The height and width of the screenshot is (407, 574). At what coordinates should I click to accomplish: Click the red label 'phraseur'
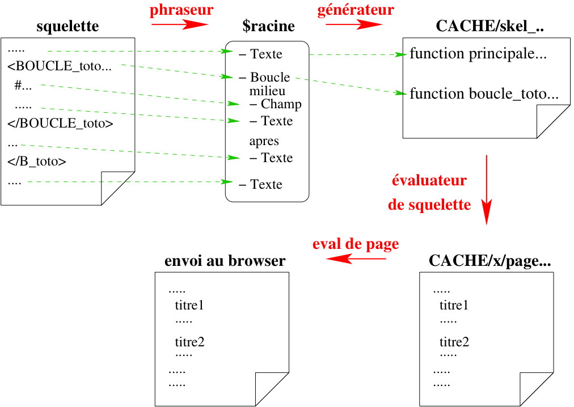pos(182,10)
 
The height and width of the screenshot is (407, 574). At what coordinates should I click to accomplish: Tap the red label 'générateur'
pos(356,10)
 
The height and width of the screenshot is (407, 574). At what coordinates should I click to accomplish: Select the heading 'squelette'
pos(67,27)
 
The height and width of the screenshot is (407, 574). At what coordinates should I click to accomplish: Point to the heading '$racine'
pos(268,27)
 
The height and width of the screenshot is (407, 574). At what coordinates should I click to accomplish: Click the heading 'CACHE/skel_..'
pos(490,27)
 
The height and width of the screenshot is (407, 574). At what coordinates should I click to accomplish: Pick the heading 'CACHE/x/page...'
pos(490,261)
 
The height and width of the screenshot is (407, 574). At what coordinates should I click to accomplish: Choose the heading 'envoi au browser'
pos(225,261)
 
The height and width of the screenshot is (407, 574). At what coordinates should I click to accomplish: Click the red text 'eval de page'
pos(356,244)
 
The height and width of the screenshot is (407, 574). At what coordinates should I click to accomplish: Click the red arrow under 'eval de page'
pos(356,259)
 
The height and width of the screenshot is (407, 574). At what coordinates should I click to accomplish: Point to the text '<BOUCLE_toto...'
pos(60,67)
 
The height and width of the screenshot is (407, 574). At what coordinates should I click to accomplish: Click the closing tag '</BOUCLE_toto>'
pos(60,124)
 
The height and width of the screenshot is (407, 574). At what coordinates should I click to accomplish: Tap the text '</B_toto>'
pos(37,162)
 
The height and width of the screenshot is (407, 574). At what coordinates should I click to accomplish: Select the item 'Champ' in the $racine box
pos(281,104)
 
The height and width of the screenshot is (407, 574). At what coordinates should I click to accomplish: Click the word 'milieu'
pos(267,91)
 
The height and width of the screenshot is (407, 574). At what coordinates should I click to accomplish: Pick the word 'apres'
pos(264,142)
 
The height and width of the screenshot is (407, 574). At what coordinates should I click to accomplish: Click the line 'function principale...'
pos(478,54)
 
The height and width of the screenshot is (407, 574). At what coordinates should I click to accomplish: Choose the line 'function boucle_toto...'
pos(484,94)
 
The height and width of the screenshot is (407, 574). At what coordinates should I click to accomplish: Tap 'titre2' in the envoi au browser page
pos(189,342)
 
